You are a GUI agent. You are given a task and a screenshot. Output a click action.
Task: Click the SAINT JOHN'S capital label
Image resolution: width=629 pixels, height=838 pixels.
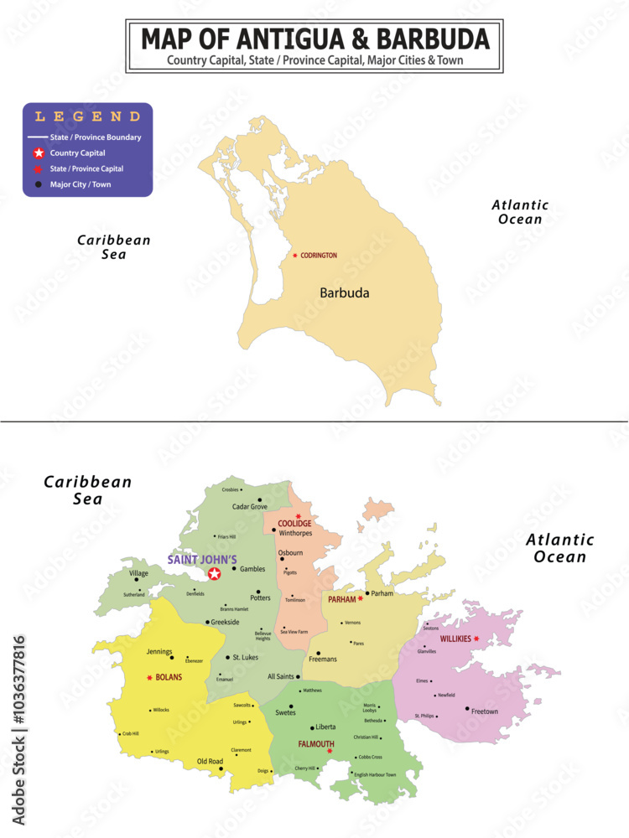coord(202,560)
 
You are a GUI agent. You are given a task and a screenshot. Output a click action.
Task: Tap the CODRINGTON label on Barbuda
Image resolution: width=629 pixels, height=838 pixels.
coord(319,256)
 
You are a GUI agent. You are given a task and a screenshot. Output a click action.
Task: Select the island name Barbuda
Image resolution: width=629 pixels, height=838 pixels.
coord(344,293)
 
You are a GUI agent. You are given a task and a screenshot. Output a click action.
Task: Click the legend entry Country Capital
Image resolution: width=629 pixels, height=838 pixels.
coord(77,153)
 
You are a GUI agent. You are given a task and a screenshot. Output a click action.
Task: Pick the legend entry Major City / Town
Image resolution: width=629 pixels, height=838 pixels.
coord(80,184)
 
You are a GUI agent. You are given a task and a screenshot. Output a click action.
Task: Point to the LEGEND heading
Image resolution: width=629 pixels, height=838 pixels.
coord(87,117)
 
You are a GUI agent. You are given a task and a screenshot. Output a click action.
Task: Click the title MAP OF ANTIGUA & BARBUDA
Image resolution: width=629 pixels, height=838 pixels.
coord(314,39)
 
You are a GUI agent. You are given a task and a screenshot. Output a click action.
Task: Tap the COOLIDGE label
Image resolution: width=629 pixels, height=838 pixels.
coord(294,524)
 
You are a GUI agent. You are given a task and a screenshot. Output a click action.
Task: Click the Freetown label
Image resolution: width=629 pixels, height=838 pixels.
coord(485,711)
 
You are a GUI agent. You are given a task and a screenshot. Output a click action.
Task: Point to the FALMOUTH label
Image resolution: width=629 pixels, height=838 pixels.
coord(316,744)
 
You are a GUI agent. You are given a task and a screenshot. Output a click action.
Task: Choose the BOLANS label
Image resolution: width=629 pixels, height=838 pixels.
coord(169,677)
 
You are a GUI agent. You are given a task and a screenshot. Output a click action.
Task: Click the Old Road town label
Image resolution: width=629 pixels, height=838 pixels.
coord(210,761)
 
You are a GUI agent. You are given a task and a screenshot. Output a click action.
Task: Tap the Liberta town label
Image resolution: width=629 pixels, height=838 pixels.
coord(325,727)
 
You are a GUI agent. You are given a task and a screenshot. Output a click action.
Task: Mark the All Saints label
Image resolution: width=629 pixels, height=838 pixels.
coord(281,676)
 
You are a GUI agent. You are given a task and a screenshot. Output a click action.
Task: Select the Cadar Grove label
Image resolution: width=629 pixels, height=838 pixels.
coord(250,507)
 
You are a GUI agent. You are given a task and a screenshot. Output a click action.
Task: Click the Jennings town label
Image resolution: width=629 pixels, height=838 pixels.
coord(159,652)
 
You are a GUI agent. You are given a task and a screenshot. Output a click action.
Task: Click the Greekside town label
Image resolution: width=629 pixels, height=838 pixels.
coord(225,623)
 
